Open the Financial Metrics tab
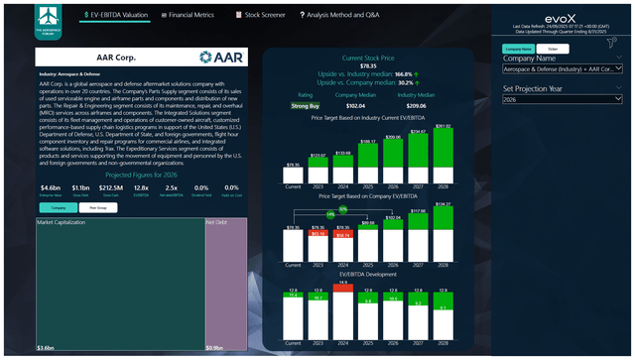[190, 16]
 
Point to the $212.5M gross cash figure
[110, 186]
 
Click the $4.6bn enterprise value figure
[51, 186]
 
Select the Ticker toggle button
[552, 48]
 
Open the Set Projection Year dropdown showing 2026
[561, 100]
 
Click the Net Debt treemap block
[225, 288]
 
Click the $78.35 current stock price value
[366, 66]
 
